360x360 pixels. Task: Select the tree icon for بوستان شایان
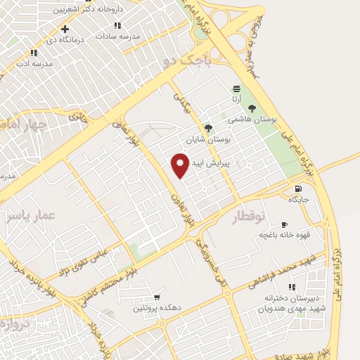click(x=207, y=128)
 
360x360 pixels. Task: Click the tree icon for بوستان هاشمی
click(x=252, y=108)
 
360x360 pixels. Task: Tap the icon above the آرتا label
click(x=236, y=89)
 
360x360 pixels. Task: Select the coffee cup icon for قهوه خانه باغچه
click(x=294, y=220)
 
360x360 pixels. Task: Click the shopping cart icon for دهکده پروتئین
click(x=156, y=297)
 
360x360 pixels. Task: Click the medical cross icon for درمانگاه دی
click(x=65, y=29)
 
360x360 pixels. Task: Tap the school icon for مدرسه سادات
click(x=117, y=25)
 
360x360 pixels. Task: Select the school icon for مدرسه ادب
click(x=34, y=53)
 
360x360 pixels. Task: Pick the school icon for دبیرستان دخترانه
click(x=292, y=288)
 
